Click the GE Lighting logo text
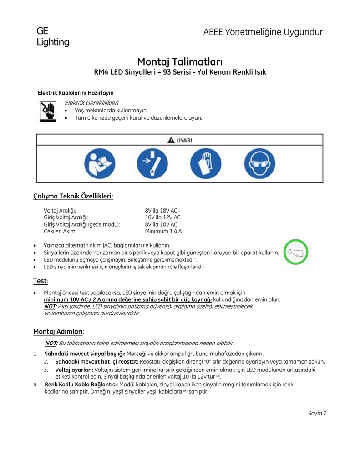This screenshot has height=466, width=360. pos(52,37)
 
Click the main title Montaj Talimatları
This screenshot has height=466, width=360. pos(180,61)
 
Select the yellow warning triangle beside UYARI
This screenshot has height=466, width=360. pos(171,141)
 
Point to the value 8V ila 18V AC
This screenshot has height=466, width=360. pos(161,211)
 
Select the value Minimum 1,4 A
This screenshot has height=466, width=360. pos(163,231)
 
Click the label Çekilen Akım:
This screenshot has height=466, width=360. pos(60,231)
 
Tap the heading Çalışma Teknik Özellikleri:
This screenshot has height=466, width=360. pos(73,196)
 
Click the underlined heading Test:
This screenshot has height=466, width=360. pos(41,281)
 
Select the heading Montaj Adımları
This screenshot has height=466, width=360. pos(58,331)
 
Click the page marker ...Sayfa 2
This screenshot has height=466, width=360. pos(316,413)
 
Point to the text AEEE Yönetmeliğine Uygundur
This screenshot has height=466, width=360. pos(263,32)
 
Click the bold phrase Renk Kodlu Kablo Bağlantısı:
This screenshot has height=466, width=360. pos(81,385)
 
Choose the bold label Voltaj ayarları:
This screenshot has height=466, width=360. pos(74,370)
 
